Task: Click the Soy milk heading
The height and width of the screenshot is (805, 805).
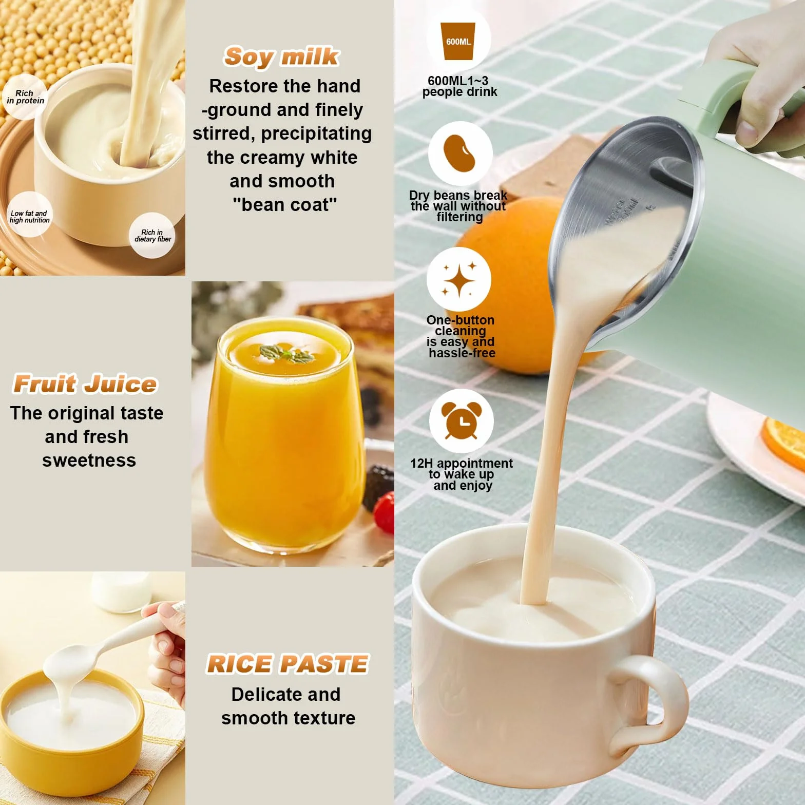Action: (281, 56)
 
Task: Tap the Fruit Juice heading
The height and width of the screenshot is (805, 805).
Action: (85, 384)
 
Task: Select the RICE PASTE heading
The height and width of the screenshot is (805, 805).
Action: (287, 664)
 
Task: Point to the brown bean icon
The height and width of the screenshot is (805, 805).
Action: (460, 154)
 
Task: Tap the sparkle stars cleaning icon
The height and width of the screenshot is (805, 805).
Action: (459, 280)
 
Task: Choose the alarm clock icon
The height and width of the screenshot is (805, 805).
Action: (461, 420)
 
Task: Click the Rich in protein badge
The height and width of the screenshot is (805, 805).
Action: (25, 97)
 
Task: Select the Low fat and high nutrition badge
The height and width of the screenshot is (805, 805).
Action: (29, 216)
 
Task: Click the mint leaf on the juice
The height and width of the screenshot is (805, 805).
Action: (287, 353)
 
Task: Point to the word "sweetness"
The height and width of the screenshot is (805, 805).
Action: (89, 461)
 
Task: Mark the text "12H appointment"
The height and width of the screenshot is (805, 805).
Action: (461, 463)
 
